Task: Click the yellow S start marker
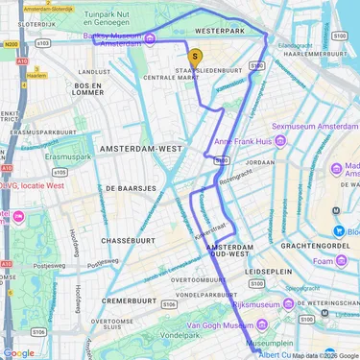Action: pyautogui.click(x=195, y=57)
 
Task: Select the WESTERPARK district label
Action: pyautogui.click(x=218, y=31)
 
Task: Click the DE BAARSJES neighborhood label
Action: pyautogui.click(x=131, y=188)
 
